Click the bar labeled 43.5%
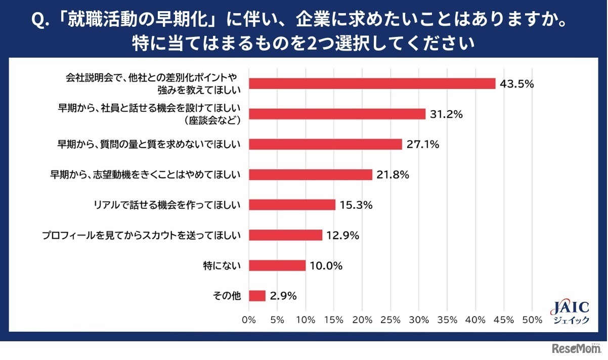point(372,83)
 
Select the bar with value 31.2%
point(337,114)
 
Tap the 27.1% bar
point(326,144)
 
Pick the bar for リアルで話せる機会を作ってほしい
point(292,205)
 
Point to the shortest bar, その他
point(257,295)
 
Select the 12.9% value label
point(342,235)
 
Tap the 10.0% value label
point(326,265)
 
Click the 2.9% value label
point(284,295)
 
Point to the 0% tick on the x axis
point(249,320)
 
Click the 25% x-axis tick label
point(390,320)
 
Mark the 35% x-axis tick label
point(447,320)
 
